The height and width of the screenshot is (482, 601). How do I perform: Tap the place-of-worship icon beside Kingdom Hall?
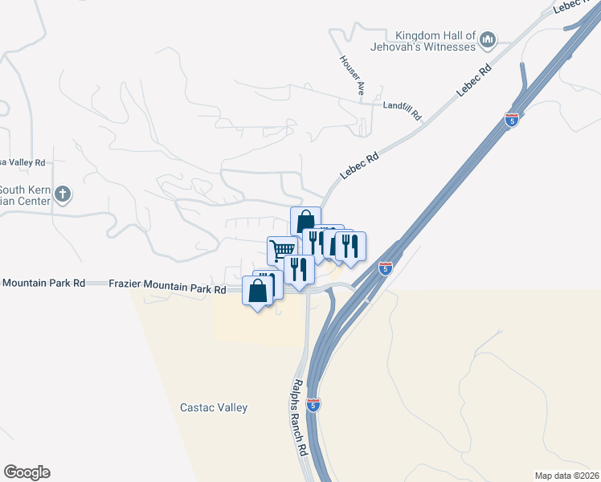click(488, 39)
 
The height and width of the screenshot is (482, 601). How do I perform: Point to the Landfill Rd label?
click(402, 109)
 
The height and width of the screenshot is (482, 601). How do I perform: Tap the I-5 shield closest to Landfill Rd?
click(512, 120)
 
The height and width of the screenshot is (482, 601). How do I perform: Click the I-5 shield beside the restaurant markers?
click(386, 268)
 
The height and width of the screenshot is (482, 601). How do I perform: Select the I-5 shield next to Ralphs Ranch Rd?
click(314, 404)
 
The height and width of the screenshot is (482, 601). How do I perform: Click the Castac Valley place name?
click(214, 407)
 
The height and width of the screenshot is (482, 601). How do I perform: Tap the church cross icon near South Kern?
click(63, 194)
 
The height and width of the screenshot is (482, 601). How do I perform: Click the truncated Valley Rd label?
click(23, 162)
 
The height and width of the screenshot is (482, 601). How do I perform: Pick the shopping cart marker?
click(281, 250)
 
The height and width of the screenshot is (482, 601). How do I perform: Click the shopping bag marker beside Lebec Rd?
click(305, 220)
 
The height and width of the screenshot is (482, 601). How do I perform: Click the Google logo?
click(27, 472)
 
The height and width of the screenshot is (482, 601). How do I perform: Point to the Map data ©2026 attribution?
click(567, 476)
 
